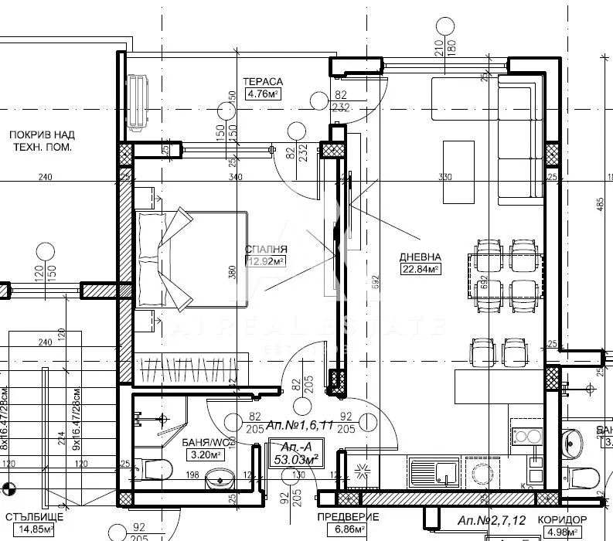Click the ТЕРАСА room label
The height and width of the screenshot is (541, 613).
(262, 81)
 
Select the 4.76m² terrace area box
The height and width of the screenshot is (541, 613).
(262, 95)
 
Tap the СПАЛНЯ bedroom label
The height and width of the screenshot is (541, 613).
(266, 249)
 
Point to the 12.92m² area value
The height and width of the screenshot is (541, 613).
(266, 261)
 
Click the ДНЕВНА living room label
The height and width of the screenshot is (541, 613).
(421, 257)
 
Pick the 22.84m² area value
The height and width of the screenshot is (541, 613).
(421, 269)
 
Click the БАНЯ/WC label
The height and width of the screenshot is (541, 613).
(203, 443)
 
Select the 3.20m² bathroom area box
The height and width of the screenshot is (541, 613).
(203, 455)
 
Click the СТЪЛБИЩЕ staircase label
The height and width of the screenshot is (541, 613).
(32, 517)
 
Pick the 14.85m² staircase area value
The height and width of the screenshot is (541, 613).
(32, 530)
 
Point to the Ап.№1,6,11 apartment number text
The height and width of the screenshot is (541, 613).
(298, 425)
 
